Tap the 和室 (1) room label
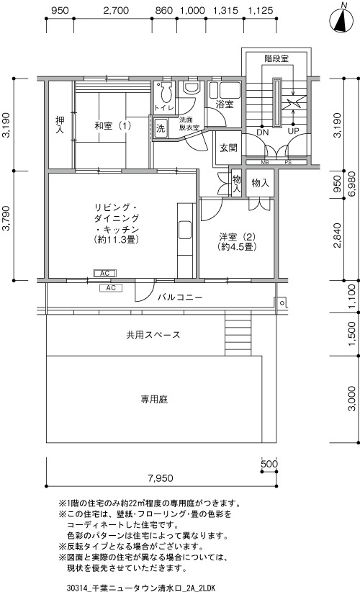click(x=112, y=125)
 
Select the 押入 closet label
click(x=60, y=125)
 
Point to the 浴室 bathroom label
click(x=225, y=104)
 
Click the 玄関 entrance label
click(x=228, y=148)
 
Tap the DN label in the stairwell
click(x=262, y=132)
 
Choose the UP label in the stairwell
click(x=293, y=131)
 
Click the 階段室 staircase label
click(x=276, y=58)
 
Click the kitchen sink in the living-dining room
click(x=185, y=230)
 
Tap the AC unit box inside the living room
click(x=104, y=273)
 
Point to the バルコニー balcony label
click(x=179, y=297)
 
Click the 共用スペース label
click(x=153, y=335)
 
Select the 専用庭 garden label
click(x=154, y=399)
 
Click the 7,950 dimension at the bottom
click(x=161, y=478)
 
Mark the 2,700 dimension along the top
click(x=116, y=10)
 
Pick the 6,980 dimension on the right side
click(x=351, y=184)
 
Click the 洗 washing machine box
click(x=161, y=128)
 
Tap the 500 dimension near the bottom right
click(x=269, y=464)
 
